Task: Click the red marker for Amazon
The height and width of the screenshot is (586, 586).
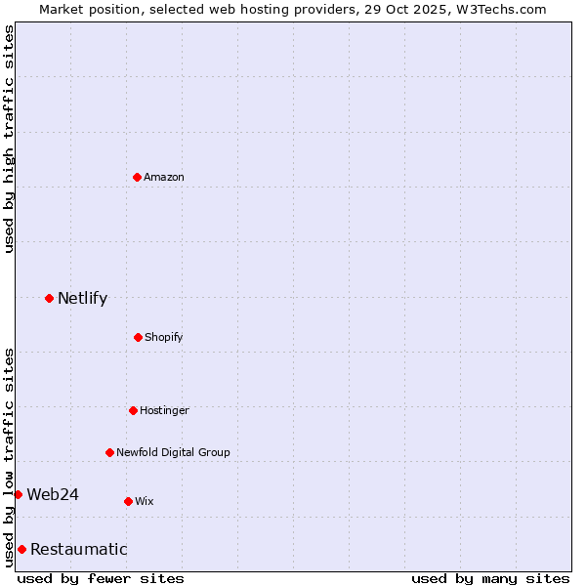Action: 137,177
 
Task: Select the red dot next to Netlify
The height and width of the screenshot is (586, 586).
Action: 49,298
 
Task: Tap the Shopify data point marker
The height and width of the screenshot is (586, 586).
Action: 138,337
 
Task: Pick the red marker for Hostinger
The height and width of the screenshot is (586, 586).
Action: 133,410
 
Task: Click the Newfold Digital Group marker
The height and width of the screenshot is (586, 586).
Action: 109,452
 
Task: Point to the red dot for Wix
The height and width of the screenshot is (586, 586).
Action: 128,501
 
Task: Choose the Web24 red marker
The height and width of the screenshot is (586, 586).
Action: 18,494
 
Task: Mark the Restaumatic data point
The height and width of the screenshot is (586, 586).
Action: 21,549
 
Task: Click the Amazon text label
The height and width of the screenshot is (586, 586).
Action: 164,177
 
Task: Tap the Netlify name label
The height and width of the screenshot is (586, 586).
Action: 82,298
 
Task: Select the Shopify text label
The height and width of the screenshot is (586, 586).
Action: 164,337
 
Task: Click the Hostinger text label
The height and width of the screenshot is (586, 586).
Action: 164,410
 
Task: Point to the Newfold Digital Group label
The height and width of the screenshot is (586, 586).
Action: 173,452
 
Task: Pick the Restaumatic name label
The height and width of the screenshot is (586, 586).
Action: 78,549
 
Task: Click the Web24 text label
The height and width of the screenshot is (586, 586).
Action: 53,494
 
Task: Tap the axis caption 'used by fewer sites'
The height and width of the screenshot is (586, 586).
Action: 101,578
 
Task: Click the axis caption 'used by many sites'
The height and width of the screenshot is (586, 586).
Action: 490,578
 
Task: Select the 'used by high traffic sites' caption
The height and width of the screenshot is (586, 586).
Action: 9,139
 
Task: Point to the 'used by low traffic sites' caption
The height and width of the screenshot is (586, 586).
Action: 9,456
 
